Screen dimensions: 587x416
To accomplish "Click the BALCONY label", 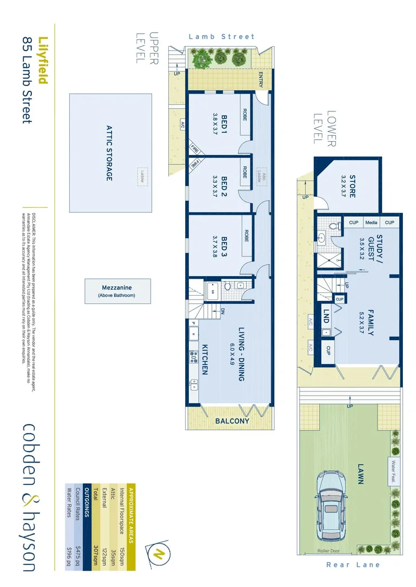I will coord(231,421).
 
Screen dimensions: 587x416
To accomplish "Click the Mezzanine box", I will coord(117,291).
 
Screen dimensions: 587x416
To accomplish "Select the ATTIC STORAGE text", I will coord(108,153).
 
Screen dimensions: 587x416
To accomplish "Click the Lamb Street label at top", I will coord(221,37).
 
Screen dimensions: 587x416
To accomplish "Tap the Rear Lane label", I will coord(353,565).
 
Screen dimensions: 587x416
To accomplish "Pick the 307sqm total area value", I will coord(95,553).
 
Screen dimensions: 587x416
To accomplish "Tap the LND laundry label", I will coord(325,317).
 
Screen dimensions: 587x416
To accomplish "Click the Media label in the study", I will coord(371,222).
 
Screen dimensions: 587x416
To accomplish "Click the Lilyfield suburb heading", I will coord(43,61).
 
